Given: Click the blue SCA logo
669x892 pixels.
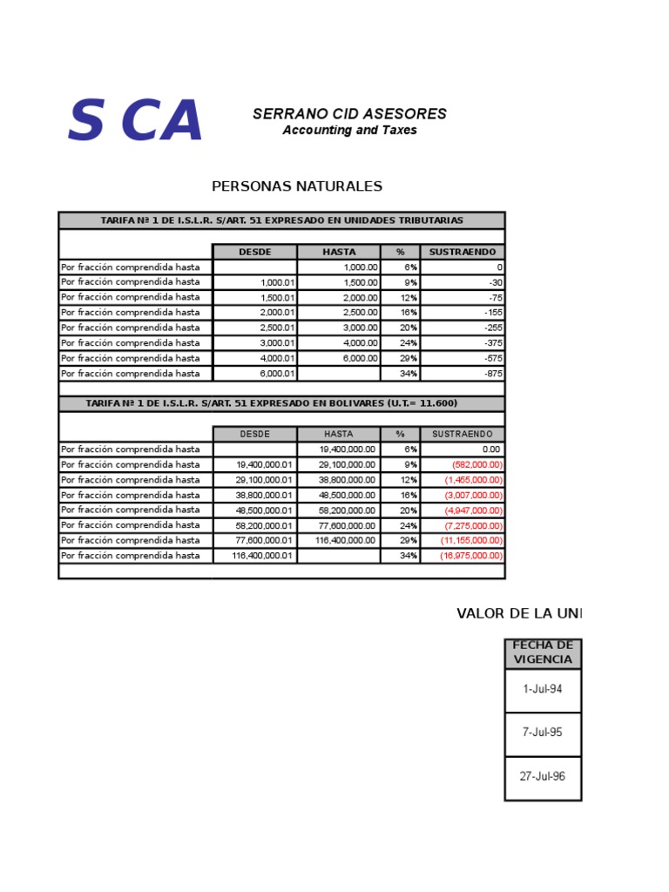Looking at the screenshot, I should tap(135, 121).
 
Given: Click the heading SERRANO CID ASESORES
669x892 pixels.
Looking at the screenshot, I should tap(349, 114).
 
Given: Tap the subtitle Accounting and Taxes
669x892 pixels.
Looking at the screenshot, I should tap(349, 131).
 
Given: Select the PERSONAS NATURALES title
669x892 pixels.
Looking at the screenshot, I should tap(297, 186).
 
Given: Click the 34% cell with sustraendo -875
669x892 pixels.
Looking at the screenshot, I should tap(401, 374).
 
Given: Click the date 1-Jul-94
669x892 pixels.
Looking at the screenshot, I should tap(543, 689).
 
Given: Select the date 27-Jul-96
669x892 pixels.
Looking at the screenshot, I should tap(543, 777).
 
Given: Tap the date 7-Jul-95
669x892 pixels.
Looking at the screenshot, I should tap(543, 733).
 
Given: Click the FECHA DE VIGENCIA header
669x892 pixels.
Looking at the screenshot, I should tap(543, 652).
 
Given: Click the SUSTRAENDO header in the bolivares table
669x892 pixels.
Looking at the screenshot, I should tap(463, 434).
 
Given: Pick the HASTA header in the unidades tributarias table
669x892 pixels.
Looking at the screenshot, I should tap(339, 252).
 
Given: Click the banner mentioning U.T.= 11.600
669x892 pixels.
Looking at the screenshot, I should tap(281, 403).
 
